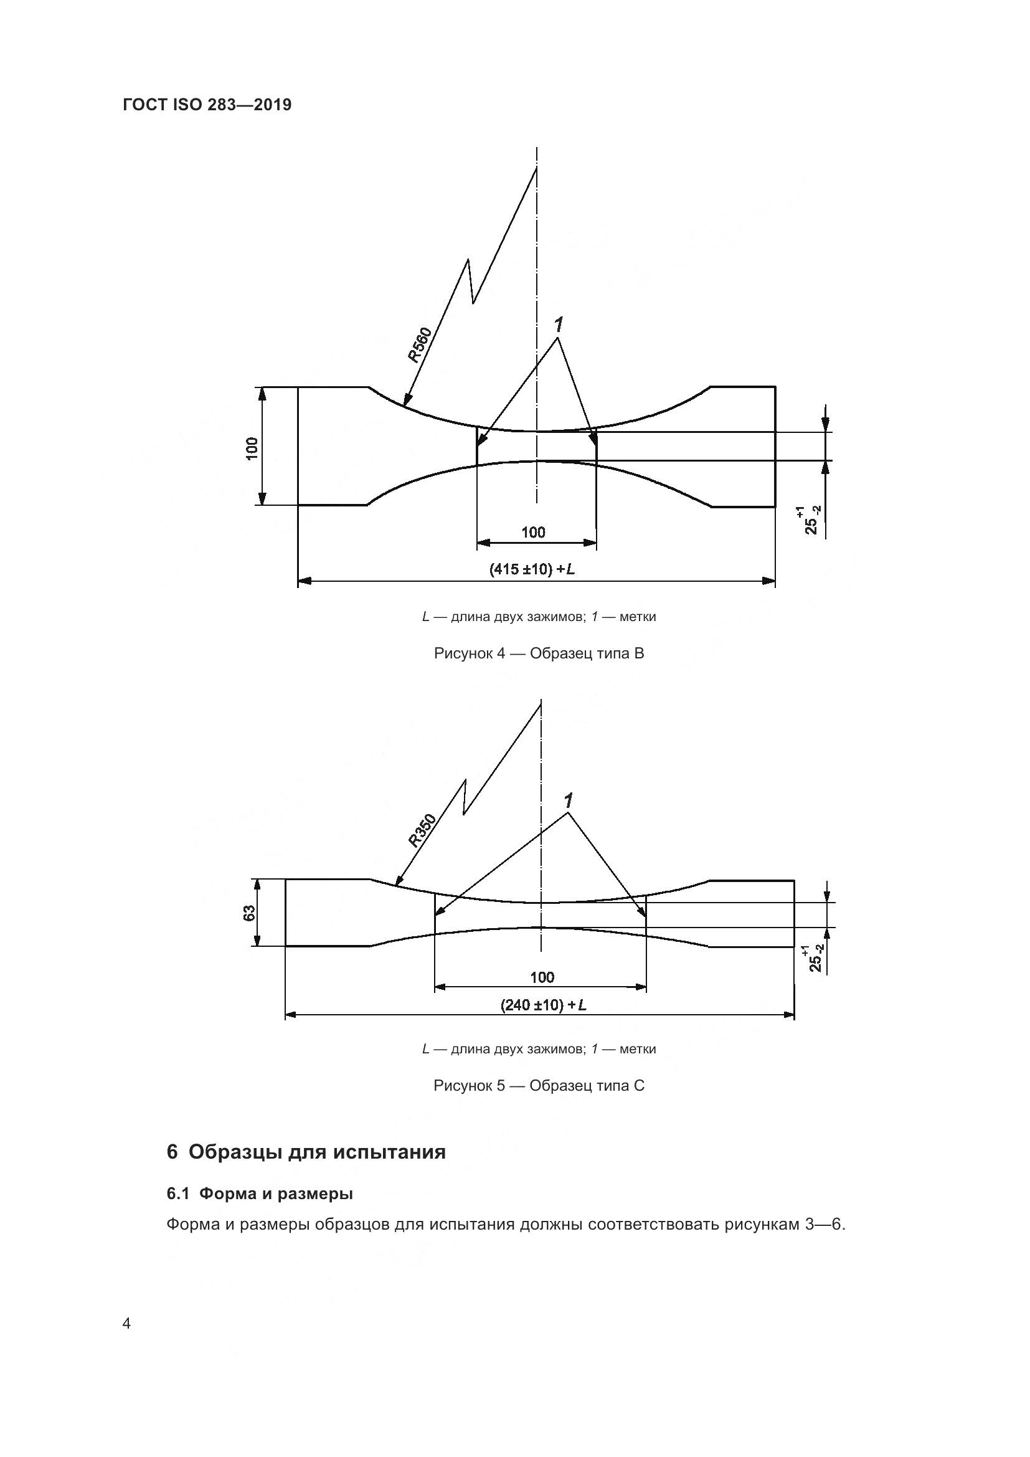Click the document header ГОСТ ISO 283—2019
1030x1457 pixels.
pyautogui.click(x=207, y=105)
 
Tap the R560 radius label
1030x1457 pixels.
pyautogui.click(x=419, y=344)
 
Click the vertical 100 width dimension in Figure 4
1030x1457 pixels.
pyautogui.click(x=252, y=448)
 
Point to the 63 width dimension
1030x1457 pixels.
pyautogui.click(x=250, y=913)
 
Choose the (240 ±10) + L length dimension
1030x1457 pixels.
pyautogui.click(x=543, y=1005)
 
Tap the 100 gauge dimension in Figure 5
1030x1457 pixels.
pyautogui.click(x=542, y=977)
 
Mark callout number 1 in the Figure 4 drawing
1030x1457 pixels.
pyautogui.click(x=558, y=326)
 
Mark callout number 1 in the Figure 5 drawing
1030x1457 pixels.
pyautogui.click(x=569, y=801)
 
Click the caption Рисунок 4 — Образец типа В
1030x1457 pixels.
pyautogui.click(x=539, y=653)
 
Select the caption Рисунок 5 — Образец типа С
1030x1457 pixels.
pyautogui.click(x=539, y=1086)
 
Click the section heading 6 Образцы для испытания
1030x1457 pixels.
pyautogui.click(x=306, y=1152)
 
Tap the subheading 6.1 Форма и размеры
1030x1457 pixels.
pyautogui.click(x=260, y=1194)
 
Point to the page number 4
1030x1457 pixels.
pyautogui.click(x=126, y=1324)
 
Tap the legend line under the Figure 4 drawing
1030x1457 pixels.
pyautogui.click(x=539, y=616)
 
